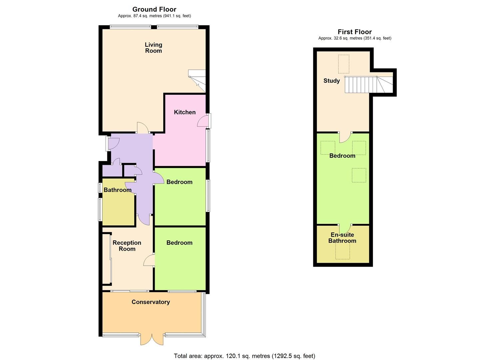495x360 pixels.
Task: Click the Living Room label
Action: (x=153, y=48)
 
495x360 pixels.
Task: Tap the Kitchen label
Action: (x=185, y=112)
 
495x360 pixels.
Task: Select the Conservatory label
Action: (x=151, y=302)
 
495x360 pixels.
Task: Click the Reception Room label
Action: (x=127, y=246)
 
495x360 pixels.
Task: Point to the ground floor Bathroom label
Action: (x=117, y=190)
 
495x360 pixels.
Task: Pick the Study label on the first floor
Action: (x=332, y=81)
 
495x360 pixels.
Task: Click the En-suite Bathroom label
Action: (x=342, y=238)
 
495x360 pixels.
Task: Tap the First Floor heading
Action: (x=355, y=32)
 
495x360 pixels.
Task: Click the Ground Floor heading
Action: (x=154, y=9)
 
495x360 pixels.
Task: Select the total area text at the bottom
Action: (x=244, y=356)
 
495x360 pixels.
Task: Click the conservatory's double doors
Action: (x=152, y=339)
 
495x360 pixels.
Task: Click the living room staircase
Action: (x=197, y=80)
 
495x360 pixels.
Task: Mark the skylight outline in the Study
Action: (x=344, y=64)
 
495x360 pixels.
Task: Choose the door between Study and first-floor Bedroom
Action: (x=345, y=137)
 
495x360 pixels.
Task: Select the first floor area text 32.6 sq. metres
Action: (x=355, y=38)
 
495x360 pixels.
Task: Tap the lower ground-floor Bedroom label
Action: (x=179, y=243)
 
